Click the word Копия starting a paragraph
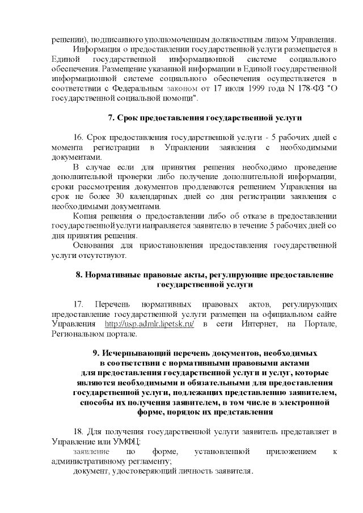[86, 217]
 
